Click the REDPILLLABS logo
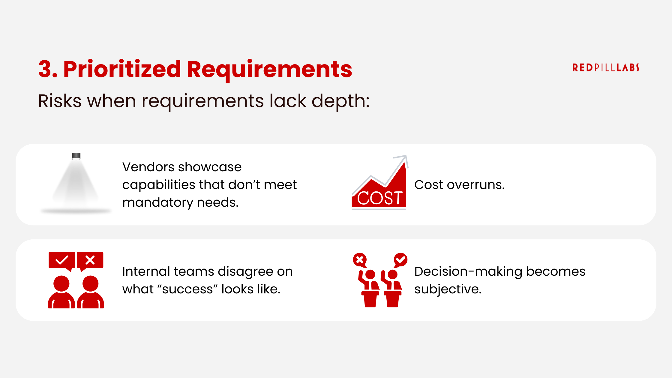[605, 67]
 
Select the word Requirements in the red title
[269, 70]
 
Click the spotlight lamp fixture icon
[76, 156]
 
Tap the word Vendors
[147, 167]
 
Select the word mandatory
[158, 202]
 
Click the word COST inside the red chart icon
[379, 198]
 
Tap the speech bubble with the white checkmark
[62, 260]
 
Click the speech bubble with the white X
[90, 260]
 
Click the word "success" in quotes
[187, 289]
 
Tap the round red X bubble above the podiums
[360, 260]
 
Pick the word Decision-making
[468, 271]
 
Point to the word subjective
[448, 289]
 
